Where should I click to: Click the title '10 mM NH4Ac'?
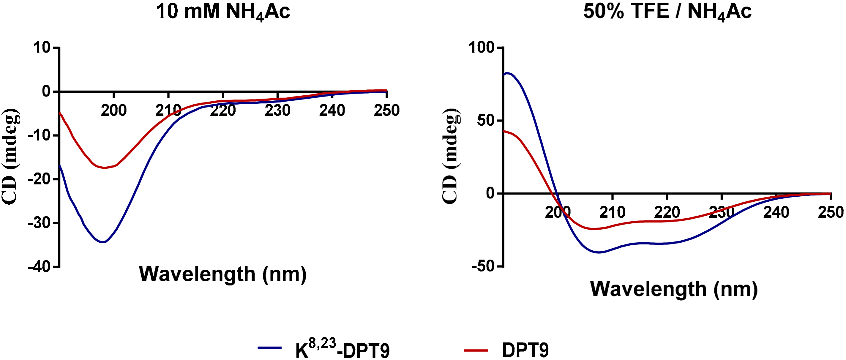point(223,12)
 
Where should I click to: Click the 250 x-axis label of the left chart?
point(386,110)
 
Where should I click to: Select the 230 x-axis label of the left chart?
point(277,110)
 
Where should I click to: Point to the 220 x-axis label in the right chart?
point(667,212)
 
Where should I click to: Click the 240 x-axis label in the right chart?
point(776,212)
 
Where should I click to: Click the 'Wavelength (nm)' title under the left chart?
point(223,274)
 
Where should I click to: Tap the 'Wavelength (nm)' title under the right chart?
point(674,289)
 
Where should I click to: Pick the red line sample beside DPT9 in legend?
point(476,350)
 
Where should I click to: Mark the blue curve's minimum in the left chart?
point(103,242)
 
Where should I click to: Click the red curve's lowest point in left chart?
point(105,168)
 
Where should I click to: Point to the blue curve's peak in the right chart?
point(507,73)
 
